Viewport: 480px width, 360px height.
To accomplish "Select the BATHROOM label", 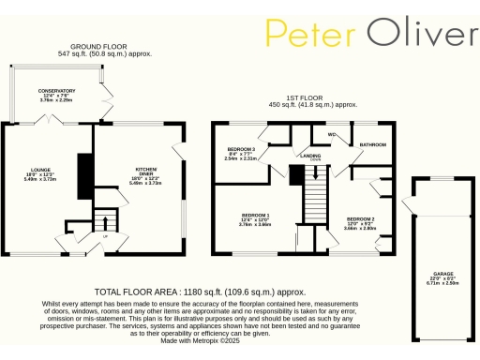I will click(x=372, y=145).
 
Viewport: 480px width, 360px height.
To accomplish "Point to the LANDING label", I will click(x=311, y=157).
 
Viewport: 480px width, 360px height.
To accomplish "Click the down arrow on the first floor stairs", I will click(x=315, y=172).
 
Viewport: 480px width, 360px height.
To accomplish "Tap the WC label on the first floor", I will click(x=332, y=134).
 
